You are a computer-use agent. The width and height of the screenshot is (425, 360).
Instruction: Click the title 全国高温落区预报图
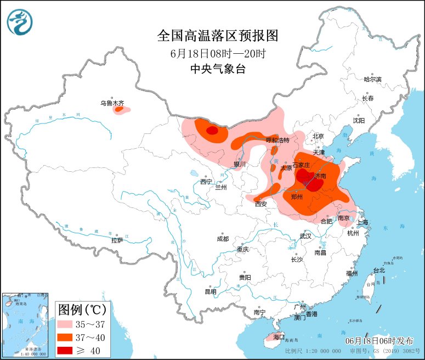(x=218, y=36)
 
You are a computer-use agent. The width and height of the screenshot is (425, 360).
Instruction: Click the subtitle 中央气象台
(x=218, y=69)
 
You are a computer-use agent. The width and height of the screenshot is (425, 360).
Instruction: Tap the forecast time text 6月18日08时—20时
(x=218, y=53)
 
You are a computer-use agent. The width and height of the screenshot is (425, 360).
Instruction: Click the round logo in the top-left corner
(x=20, y=22)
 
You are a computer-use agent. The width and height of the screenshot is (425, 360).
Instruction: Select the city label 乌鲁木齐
(x=112, y=103)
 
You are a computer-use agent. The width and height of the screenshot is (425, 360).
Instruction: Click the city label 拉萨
(x=117, y=240)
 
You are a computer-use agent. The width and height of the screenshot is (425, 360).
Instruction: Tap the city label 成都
(x=223, y=239)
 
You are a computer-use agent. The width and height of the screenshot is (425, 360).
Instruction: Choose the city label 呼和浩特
(x=277, y=140)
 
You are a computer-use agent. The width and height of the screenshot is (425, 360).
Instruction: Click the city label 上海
(x=362, y=223)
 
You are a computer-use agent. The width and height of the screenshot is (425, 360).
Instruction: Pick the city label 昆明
(x=211, y=291)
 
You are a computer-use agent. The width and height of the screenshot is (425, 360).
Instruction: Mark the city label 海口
(x=279, y=336)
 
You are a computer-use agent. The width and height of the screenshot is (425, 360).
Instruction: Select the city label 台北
(x=379, y=270)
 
